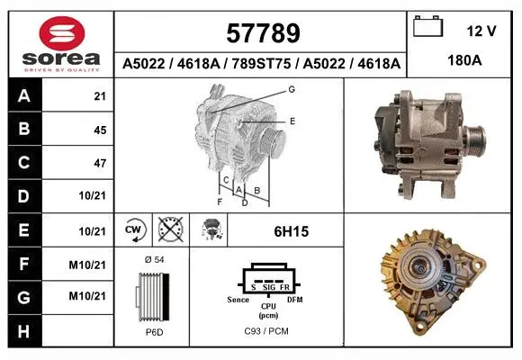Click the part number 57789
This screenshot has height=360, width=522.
point(263,33)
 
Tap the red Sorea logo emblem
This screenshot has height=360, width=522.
point(62,33)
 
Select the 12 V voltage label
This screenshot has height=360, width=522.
point(481,31)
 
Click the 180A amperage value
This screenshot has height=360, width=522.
point(464,60)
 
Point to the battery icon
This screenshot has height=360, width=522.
point(427,26)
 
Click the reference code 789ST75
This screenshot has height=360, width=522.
point(261,63)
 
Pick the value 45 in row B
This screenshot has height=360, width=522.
point(100,130)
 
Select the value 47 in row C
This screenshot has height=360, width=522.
point(100,163)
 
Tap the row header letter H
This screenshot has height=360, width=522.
point(24,331)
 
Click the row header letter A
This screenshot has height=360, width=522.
point(24,96)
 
